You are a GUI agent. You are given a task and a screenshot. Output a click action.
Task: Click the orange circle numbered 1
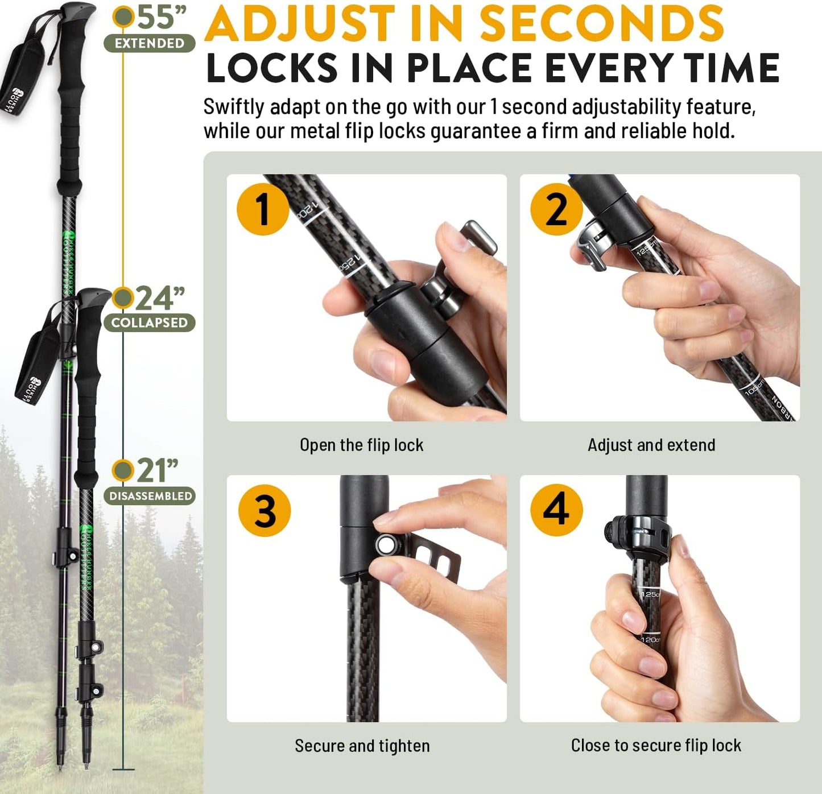(263, 209)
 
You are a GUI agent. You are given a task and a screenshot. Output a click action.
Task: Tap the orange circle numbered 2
(556, 209)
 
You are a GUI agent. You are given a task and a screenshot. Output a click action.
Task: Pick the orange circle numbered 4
(556, 509)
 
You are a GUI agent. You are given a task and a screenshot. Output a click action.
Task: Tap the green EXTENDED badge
(150, 43)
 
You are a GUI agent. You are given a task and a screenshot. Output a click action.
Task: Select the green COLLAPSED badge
(150, 322)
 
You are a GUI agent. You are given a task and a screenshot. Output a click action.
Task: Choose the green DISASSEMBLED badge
(150, 496)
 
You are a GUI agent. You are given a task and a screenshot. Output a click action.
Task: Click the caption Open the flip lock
(362, 445)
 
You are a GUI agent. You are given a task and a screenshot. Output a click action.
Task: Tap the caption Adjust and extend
(651, 445)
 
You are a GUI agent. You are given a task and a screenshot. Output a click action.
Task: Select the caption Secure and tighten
(362, 746)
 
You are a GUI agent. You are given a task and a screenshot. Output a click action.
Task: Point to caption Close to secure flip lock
(656, 745)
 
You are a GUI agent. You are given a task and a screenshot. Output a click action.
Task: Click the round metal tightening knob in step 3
(386, 544)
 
